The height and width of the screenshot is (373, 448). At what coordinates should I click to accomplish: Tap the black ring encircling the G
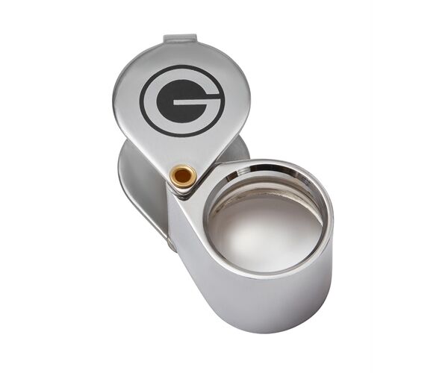point(182,69)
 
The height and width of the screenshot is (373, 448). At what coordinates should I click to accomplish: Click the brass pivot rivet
point(183,176)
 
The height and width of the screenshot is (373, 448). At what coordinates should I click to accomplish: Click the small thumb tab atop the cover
point(181,38)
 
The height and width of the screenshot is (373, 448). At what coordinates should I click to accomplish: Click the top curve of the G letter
point(181,75)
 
